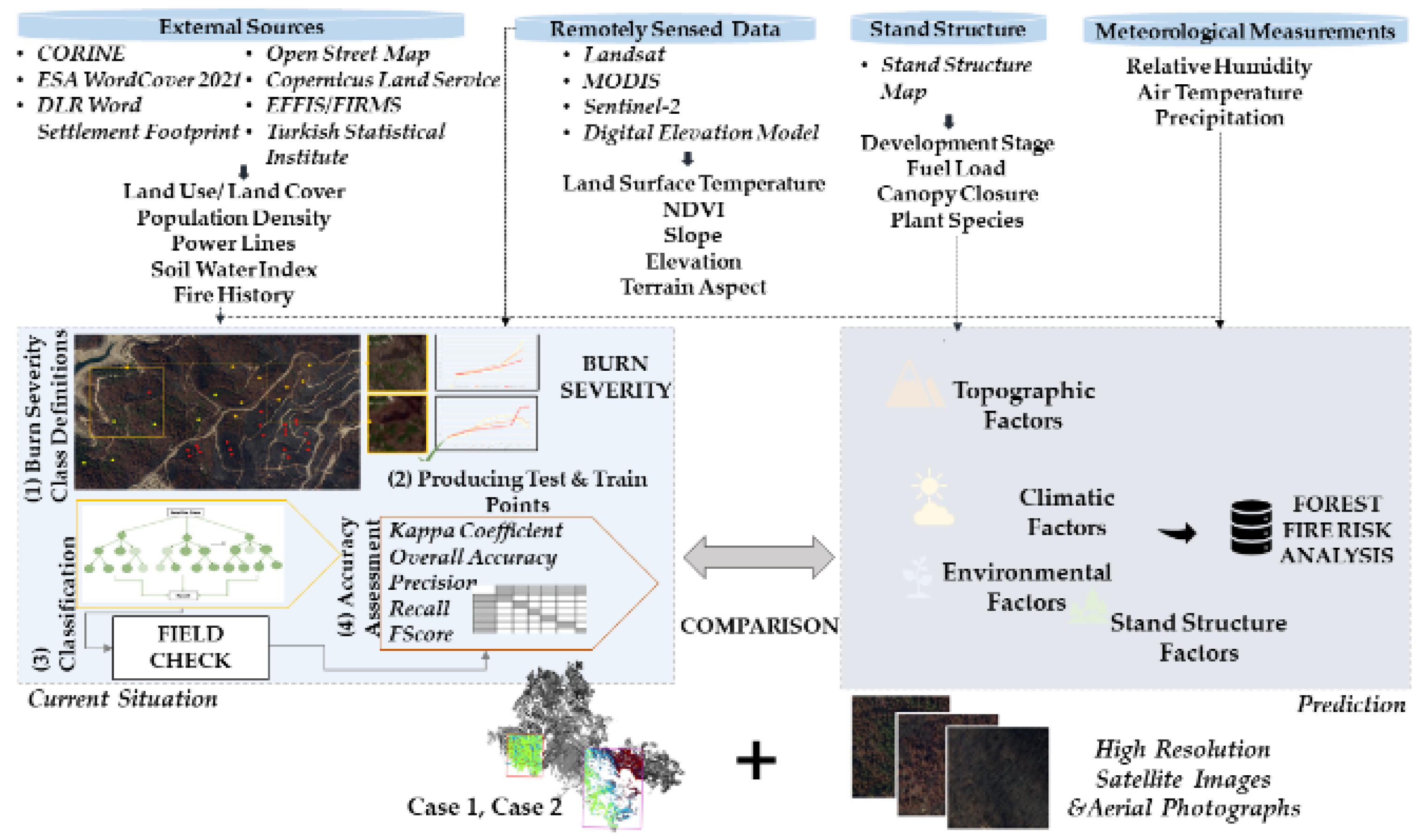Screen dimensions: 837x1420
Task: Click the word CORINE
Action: pos(81,53)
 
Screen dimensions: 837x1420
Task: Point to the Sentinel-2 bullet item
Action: pos(631,106)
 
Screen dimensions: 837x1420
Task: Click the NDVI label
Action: pos(693,209)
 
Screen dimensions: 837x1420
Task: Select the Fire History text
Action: pos(234,294)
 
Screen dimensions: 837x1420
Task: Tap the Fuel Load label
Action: pos(956,168)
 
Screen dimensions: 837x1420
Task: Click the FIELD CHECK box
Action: pos(190,647)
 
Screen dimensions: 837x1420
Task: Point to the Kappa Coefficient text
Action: pos(475,530)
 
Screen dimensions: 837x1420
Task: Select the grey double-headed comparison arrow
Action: pos(758,557)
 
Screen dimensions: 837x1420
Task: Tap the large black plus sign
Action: pos(755,760)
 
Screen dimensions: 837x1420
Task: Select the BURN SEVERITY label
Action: pos(615,377)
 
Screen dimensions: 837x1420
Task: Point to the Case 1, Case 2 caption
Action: pos(484,807)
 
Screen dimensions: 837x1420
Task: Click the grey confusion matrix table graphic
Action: pos(529,609)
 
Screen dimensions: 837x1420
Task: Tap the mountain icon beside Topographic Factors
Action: pos(913,386)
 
